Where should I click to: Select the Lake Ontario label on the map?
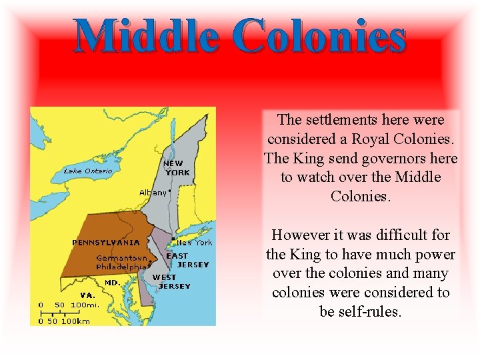coord(88,171)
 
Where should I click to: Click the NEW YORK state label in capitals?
coord(177,168)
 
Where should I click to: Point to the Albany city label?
coord(153,192)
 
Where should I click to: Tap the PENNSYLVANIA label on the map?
coord(106,242)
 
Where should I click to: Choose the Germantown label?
coord(121,258)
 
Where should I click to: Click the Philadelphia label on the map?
coord(121,267)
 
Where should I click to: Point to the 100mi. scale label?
coord(85,305)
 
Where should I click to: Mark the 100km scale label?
coord(75,321)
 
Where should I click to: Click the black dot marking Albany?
coord(170,190)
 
